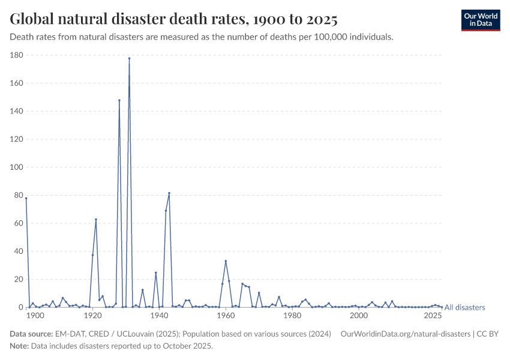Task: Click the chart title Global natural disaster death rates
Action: pos(173,19)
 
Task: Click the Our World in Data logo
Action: pos(480,20)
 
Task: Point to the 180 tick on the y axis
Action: pos(16,55)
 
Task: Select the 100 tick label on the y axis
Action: pos(16,167)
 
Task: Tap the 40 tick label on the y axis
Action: pos(18,251)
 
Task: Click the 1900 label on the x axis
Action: pos(35,316)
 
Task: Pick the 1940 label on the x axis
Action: pos(159,316)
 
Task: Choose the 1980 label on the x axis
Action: pos(292,316)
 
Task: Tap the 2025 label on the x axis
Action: pos(433,316)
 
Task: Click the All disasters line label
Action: pos(464,307)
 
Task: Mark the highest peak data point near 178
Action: pos(129,58)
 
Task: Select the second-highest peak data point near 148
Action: pos(119,100)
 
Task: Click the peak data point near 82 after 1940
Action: pos(169,193)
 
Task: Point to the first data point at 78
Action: pos(26,198)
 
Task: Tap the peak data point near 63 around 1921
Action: pos(96,219)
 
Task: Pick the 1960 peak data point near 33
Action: pos(226,261)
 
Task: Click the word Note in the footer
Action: pos(19,346)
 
